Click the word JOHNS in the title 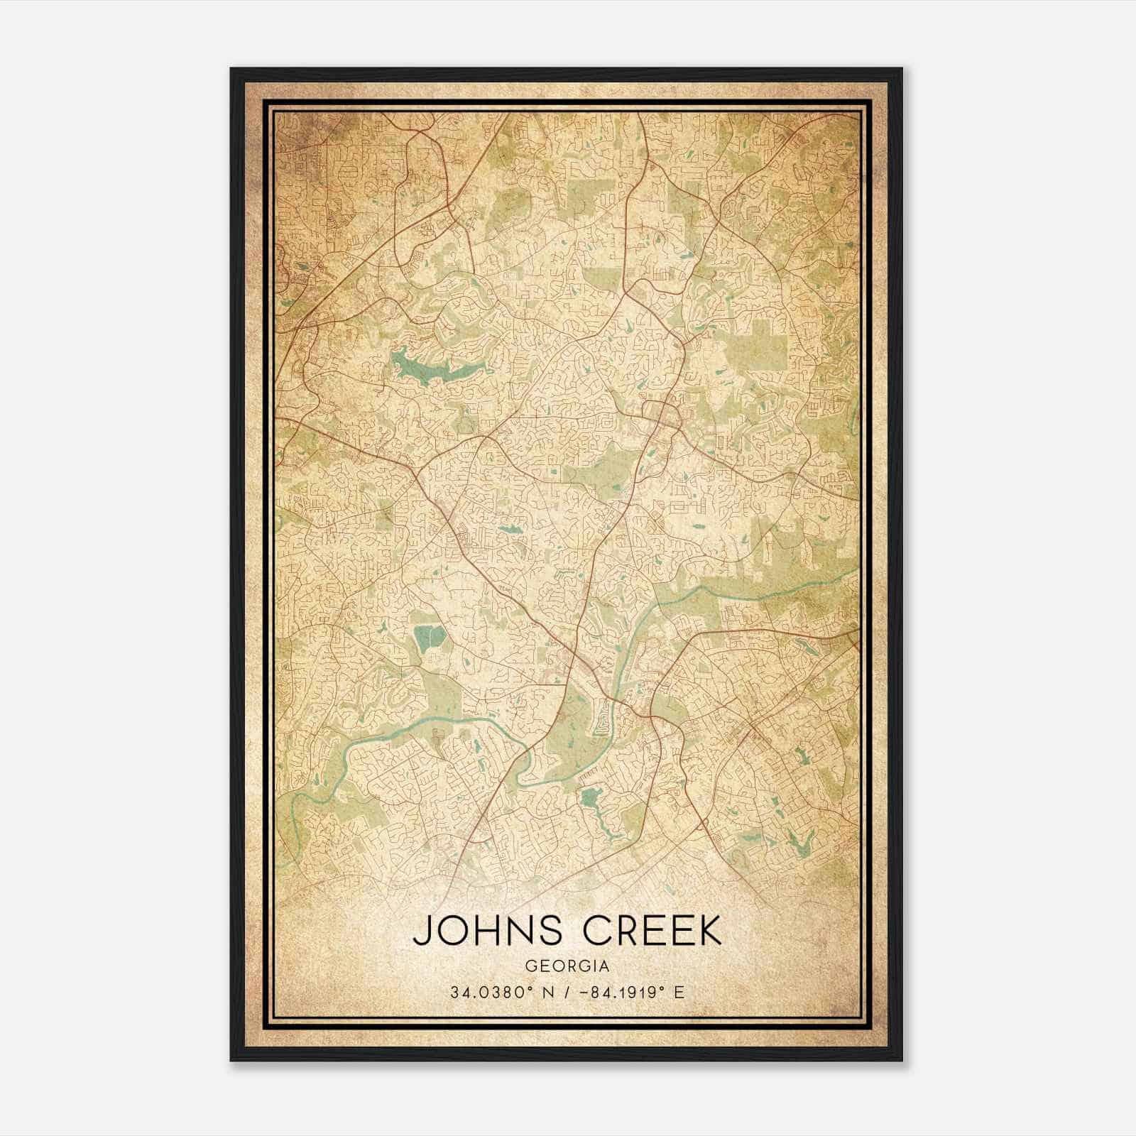coord(482,931)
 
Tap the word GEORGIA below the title coord(567,966)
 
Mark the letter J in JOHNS coord(422,931)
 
